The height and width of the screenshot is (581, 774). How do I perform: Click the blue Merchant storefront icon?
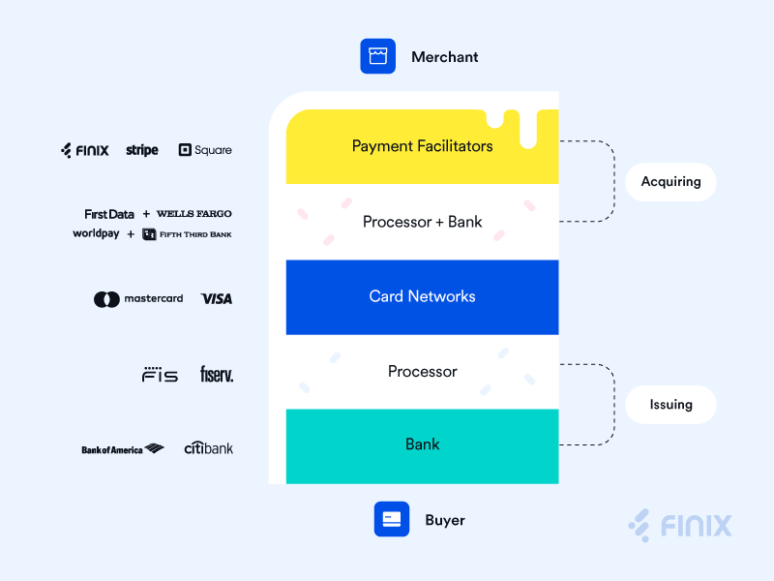pos(377,56)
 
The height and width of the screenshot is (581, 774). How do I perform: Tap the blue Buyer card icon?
pos(392,519)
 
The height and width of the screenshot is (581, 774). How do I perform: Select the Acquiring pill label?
pos(670,182)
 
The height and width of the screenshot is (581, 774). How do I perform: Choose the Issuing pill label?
pos(670,405)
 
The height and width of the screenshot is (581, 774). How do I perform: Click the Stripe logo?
pos(142,150)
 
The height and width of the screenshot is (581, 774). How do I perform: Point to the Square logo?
pos(205,150)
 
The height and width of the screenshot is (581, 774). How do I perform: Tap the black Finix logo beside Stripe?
pos(85,150)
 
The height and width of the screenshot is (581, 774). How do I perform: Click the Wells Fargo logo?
pos(194,213)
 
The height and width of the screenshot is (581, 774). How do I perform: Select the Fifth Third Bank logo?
pos(187,234)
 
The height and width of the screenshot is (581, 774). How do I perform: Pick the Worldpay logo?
pos(96,233)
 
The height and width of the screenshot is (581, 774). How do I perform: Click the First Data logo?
pos(109,214)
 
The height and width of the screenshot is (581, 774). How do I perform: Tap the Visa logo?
pos(216,299)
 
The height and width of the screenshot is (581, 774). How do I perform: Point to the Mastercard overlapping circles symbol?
pos(106,299)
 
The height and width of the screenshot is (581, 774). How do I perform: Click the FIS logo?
pos(160,375)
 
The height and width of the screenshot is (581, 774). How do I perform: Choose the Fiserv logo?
pos(217,374)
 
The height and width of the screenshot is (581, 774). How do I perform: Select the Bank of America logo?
pos(123,449)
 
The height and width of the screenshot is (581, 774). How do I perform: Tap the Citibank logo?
pos(208,447)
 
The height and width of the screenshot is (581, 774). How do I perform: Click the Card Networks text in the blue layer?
pos(422,296)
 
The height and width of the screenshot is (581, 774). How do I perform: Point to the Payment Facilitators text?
pos(422,146)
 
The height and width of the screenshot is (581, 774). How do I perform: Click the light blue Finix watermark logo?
pos(680,525)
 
